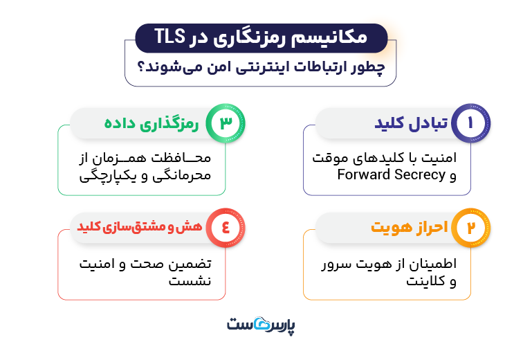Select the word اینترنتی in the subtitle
(255, 68)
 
